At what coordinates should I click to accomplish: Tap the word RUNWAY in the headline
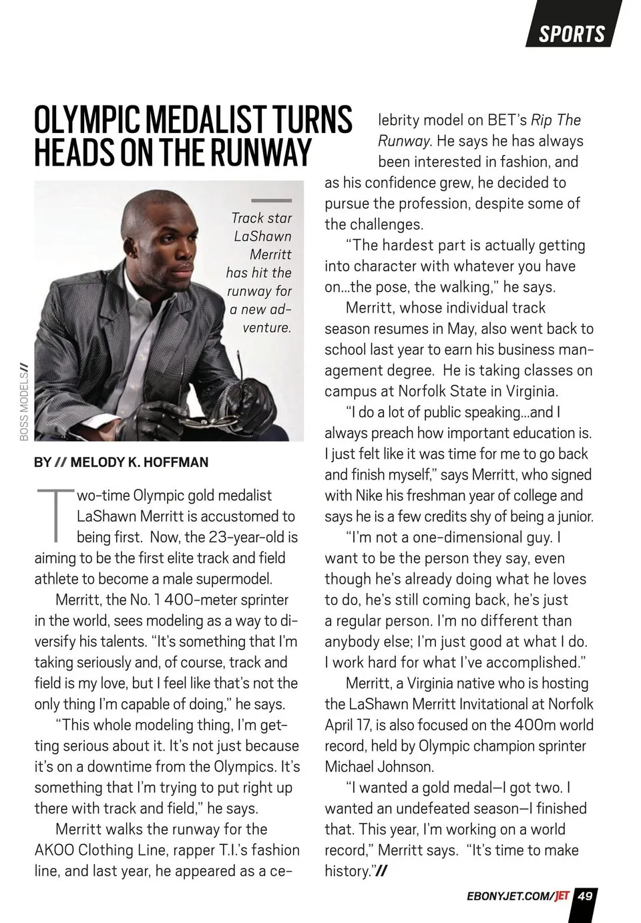(x=261, y=152)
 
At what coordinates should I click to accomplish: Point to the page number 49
(x=585, y=896)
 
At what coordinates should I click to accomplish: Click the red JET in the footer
(x=562, y=896)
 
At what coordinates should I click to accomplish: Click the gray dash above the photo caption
(x=271, y=200)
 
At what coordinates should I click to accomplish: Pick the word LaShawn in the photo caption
(x=262, y=236)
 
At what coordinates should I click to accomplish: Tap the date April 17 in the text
(x=349, y=725)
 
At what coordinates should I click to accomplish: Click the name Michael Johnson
(x=379, y=767)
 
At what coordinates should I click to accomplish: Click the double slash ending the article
(x=382, y=872)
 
